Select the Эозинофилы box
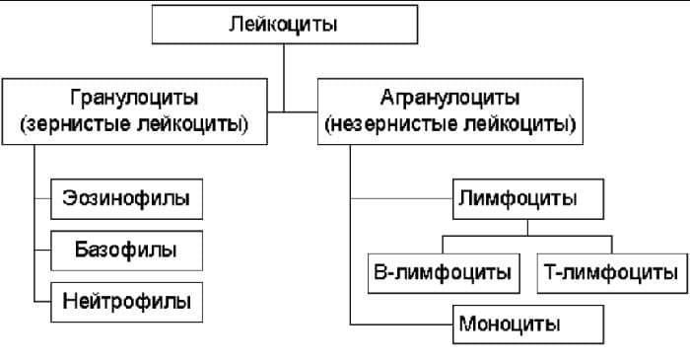(x=125, y=200)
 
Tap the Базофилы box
(x=125, y=250)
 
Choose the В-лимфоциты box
(x=443, y=271)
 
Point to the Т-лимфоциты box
(x=609, y=271)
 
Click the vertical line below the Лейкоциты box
(x=284, y=74)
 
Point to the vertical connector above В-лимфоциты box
(x=443, y=245)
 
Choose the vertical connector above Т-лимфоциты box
(x=609, y=245)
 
